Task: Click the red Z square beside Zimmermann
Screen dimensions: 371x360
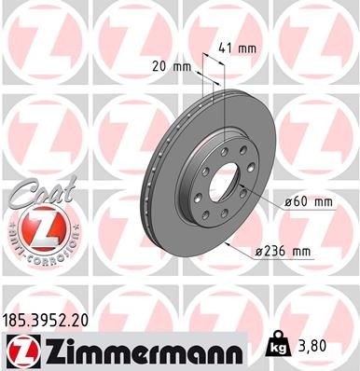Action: coord(21,351)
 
